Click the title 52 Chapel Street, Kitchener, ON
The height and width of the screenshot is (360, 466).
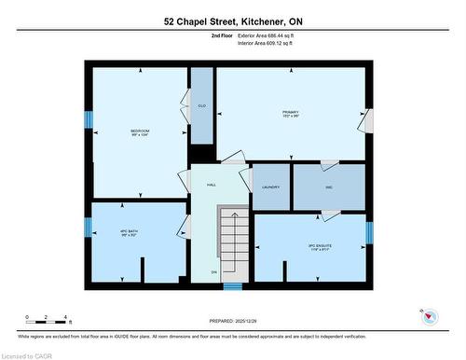[x=232, y=21]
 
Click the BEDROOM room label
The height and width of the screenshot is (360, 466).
[x=140, y=131]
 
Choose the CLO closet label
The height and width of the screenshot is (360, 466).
[x=201, y=104]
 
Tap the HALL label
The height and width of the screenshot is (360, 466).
[x=212, y=186]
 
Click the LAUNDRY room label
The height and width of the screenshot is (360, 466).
[x=270, y=187]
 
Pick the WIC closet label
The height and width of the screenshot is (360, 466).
[x=329, y=187]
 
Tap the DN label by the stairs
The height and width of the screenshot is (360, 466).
[x=213, y=272]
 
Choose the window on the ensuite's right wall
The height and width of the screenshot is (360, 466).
[x=368, y=231]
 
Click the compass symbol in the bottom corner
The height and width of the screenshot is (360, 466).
[x=429, y=318]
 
